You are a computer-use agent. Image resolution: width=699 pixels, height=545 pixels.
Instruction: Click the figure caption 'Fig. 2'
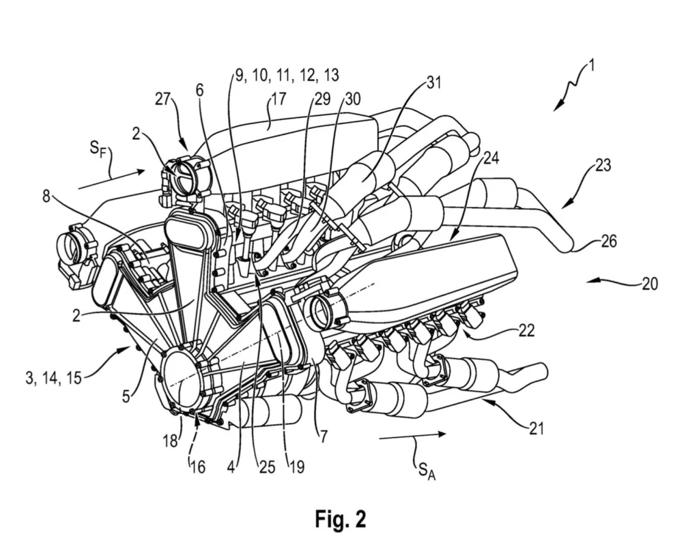pyautogui.click(x=340, y=519)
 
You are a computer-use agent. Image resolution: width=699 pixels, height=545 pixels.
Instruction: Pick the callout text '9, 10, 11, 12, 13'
pyautogui.click(x=287, y=76)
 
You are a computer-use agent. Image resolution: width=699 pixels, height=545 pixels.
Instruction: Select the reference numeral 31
pyautogui.click(x=434, y=83)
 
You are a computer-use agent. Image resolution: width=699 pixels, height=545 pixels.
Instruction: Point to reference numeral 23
pyautogui.click(x=603, y=165)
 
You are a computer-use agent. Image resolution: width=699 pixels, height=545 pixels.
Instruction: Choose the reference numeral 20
pyautogui.click(x=650, y=282)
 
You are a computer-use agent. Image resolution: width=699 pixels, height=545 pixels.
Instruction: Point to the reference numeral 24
pyautogui.click(x=490, y=158)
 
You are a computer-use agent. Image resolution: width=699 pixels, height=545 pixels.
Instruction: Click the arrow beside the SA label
pyautogui.click(x=412, y=434)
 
